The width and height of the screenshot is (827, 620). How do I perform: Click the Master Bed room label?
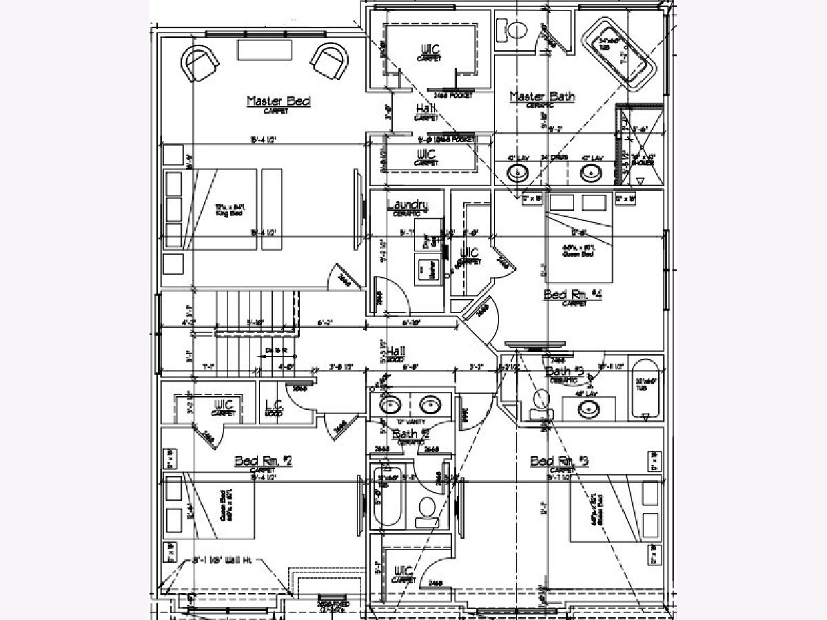point(278,101)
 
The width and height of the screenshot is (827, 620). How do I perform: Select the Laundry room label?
point(407,205)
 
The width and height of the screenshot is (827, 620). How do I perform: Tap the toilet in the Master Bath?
point(515,29)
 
